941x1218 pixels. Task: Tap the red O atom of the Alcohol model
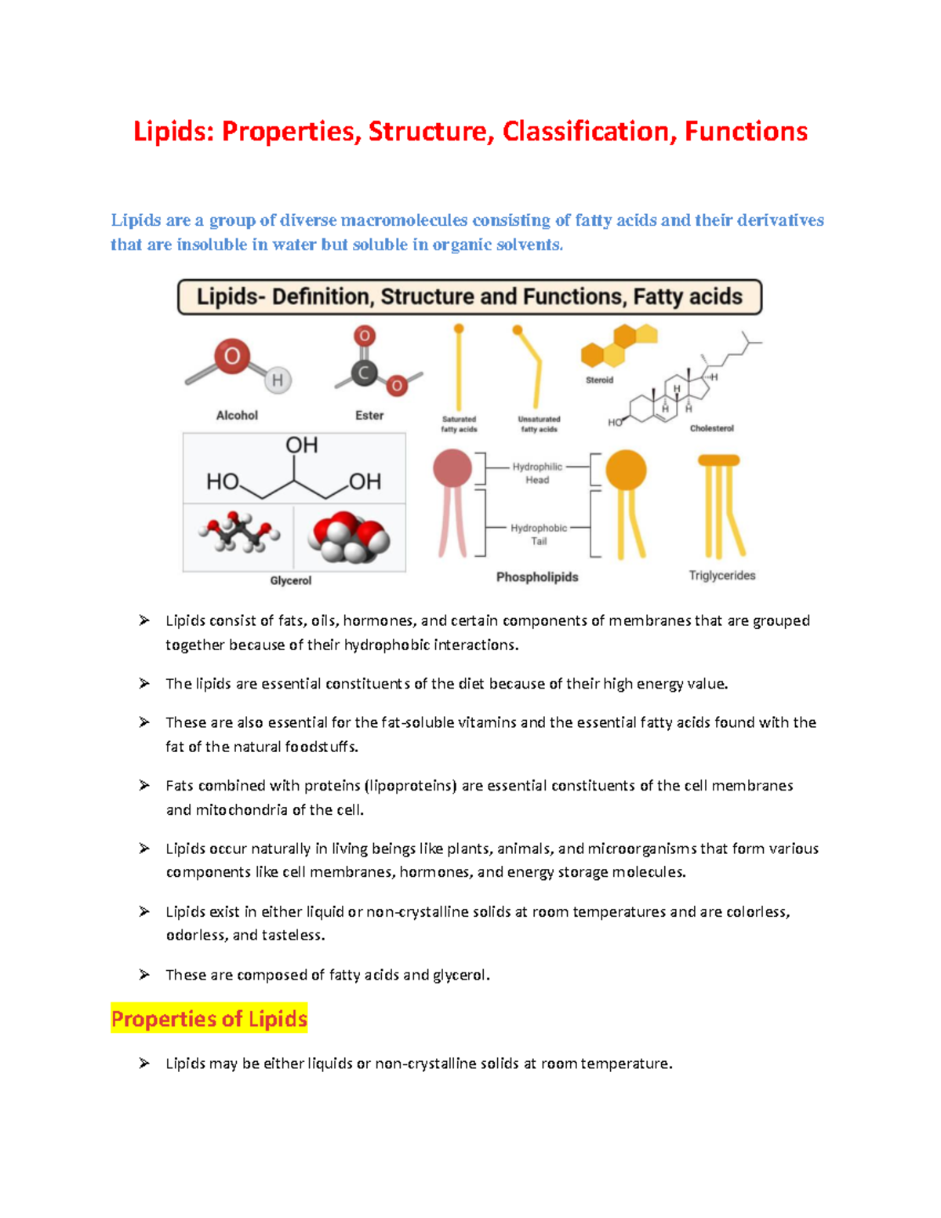point(232,357)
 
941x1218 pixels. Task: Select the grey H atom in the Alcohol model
point(277,381)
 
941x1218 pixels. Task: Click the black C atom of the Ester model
point(363,373)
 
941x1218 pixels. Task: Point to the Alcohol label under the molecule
point(237,416)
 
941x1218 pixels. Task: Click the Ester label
point(369,416)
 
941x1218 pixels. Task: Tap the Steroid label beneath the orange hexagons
point(599,380)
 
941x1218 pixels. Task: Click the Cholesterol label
point(711,428)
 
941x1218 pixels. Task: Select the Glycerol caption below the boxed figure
point(291,580)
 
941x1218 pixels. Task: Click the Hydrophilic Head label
point(537,473)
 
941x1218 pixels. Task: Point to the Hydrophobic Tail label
point(539,534)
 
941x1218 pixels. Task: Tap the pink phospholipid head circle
point(452,469)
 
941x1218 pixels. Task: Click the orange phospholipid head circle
point(626,471)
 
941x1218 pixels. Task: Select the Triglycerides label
point(722,576)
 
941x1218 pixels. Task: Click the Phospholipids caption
point(537,577)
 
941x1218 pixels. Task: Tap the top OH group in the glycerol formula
point(301,445)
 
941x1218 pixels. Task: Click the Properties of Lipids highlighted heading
point(209,1019)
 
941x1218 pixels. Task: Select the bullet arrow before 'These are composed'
point(144,974)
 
